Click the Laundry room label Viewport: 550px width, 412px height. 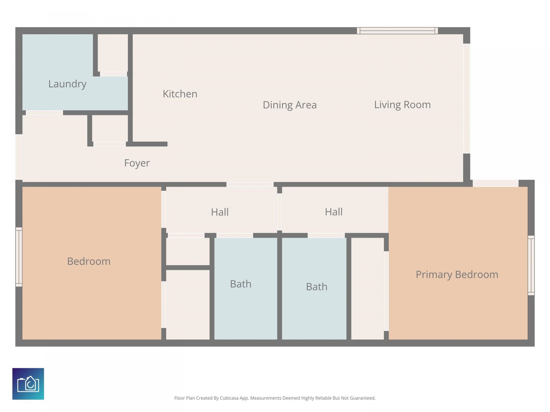coord(67,84)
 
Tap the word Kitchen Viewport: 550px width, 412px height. coord(180,94)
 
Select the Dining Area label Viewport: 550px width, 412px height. coord(290,105)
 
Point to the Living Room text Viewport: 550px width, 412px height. coord(402,104)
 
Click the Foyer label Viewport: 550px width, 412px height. coord(137,163)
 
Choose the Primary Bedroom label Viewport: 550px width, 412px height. coord(457,274)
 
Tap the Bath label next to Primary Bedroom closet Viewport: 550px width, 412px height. coord(317,286)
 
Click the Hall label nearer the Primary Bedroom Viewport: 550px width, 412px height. coord(333,212)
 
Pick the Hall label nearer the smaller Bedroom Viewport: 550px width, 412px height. coord(220,212)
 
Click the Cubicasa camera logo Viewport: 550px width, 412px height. coord(28,384)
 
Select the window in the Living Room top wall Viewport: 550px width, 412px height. coord(397,31)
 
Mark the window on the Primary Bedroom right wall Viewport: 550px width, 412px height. coord(531,266)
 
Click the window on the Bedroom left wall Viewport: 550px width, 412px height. coord(19,257)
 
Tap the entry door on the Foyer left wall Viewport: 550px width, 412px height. coord(19,157)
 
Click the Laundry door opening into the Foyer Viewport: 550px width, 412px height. coord(44,113)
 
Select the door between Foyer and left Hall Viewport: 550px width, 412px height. coord(250,184)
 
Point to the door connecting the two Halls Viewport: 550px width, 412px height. coord(279,212)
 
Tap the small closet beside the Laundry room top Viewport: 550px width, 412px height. coord(113,53)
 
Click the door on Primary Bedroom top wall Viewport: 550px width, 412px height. coord(495,183)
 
